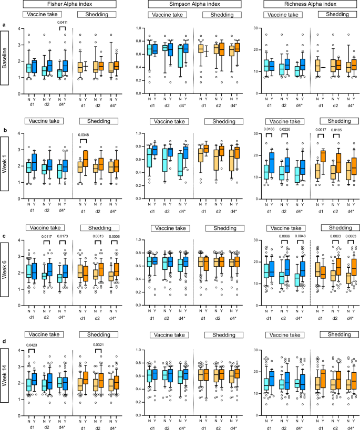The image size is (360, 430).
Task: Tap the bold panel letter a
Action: point(4,25)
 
